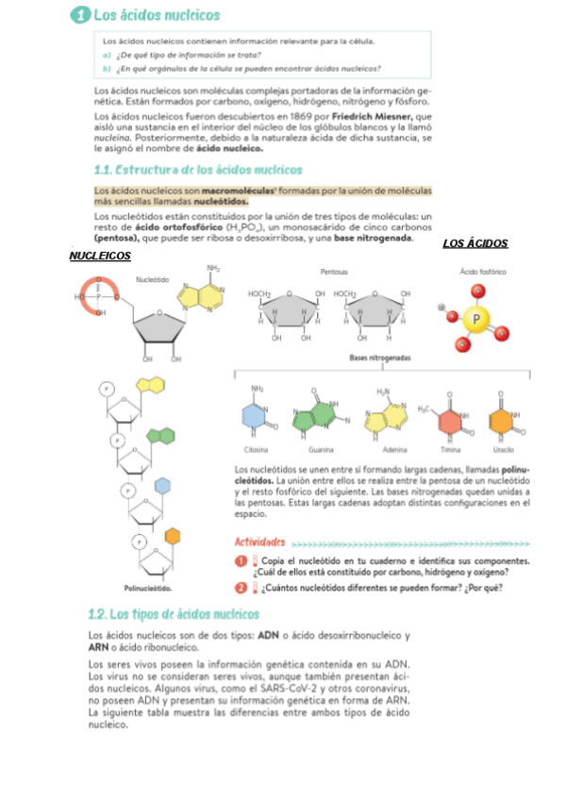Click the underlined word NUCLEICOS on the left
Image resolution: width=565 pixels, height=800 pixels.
(x=100, y=256)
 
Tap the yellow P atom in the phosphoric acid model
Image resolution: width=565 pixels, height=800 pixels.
(x=477, y=319)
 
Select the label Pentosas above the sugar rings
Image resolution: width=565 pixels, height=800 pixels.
(x=334, y=271)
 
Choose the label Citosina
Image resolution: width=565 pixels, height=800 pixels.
(x=256, y=449)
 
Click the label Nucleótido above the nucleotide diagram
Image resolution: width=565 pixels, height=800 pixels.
(x=153, y=279)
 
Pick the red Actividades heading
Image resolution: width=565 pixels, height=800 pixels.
(x=259, y=542)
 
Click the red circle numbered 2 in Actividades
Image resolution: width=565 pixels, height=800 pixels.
(x=241, y=589)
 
